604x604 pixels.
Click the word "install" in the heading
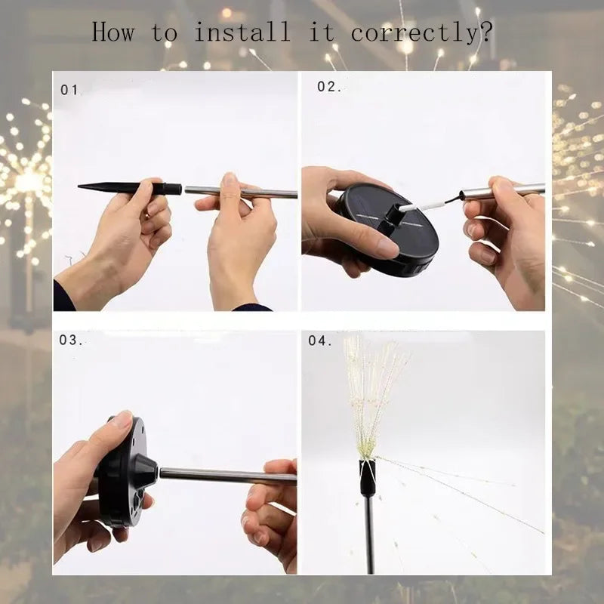pos(242,32)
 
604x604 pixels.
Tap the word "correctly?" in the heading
pos(423,33)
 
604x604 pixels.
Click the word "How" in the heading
pos(113,32)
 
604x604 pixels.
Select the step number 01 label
pos(69,90)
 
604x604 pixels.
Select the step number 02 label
pos(328,87)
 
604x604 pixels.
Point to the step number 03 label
pos(72,340)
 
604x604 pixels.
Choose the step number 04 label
pos(320,341)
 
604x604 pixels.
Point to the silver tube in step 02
pos(513,189)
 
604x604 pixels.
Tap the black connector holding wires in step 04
pos(368,476)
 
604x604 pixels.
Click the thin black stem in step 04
pos(369,536)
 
